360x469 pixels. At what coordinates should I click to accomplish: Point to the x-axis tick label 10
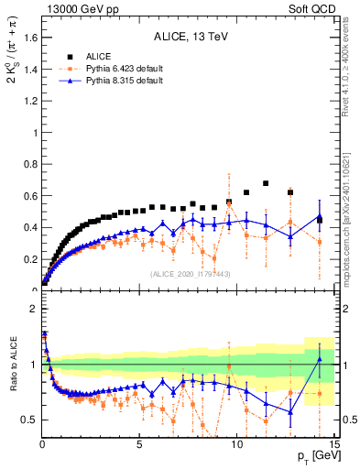point(237,446)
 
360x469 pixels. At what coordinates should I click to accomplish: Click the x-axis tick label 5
point(139,446)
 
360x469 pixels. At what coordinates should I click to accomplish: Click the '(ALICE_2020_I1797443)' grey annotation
point(190,274)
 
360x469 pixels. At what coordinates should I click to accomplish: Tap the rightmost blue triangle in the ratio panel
point(319,360)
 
